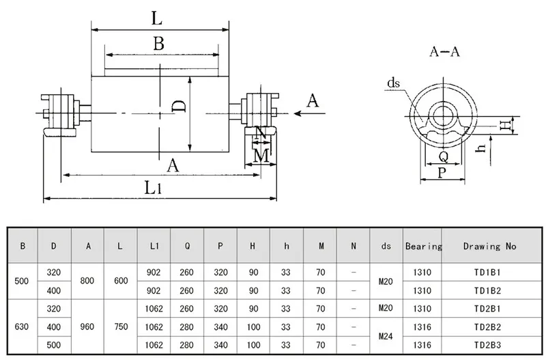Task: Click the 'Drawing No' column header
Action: click(489, 247)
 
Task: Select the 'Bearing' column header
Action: click(423, 247)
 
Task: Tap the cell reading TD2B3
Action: click(487, 345)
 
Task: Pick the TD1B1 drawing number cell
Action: click(487, 272)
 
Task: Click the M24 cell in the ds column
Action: click(386, 336)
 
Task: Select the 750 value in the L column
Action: click(121, 327)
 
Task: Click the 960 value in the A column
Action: click(87, 327)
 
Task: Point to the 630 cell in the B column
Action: click(22, 327)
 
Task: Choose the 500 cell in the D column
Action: click(54, 345)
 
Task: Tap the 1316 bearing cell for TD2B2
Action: click(422, 327)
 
